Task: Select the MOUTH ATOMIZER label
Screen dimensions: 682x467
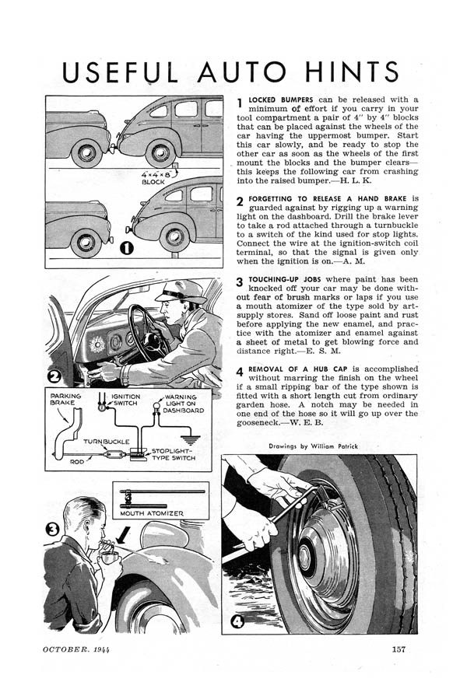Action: (153, 512)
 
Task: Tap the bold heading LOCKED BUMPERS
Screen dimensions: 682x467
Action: (283, 100)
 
